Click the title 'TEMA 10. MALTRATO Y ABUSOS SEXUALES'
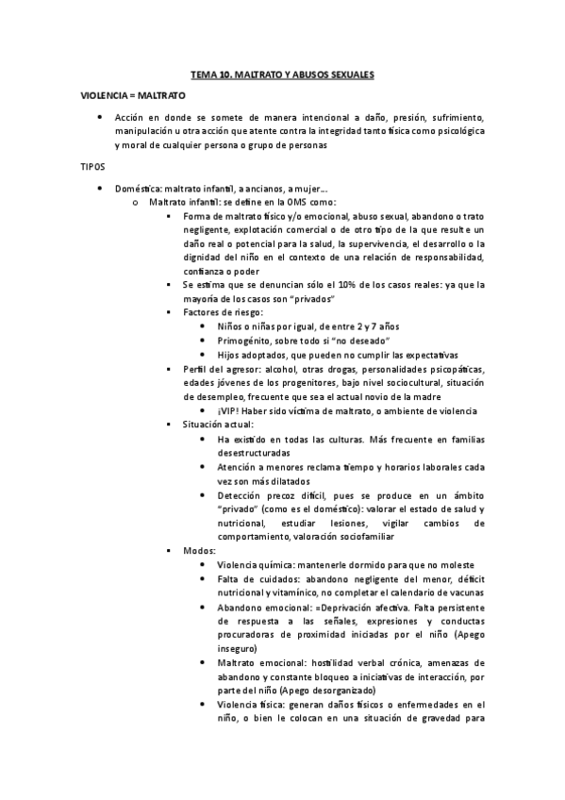point(282,74)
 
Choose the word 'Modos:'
point(199,550)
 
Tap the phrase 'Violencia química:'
point(257,564)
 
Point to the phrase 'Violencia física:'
point(252,705)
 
